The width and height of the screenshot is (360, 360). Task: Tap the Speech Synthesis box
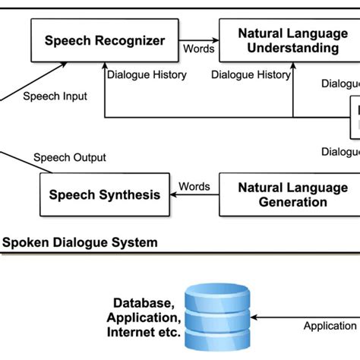tap(105, 195)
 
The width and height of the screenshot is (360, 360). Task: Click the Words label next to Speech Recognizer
tap(199, 49)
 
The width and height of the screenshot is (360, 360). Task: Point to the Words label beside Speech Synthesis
tap(194, 186)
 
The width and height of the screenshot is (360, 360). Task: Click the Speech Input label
tap(55, 96)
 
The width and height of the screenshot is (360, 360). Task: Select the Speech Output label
tap(70, 157)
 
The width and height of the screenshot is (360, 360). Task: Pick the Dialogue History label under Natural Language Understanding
tap(251, 75)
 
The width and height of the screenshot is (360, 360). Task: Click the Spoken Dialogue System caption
tap(81, 243)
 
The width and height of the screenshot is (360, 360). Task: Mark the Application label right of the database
tap(330, 326)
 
